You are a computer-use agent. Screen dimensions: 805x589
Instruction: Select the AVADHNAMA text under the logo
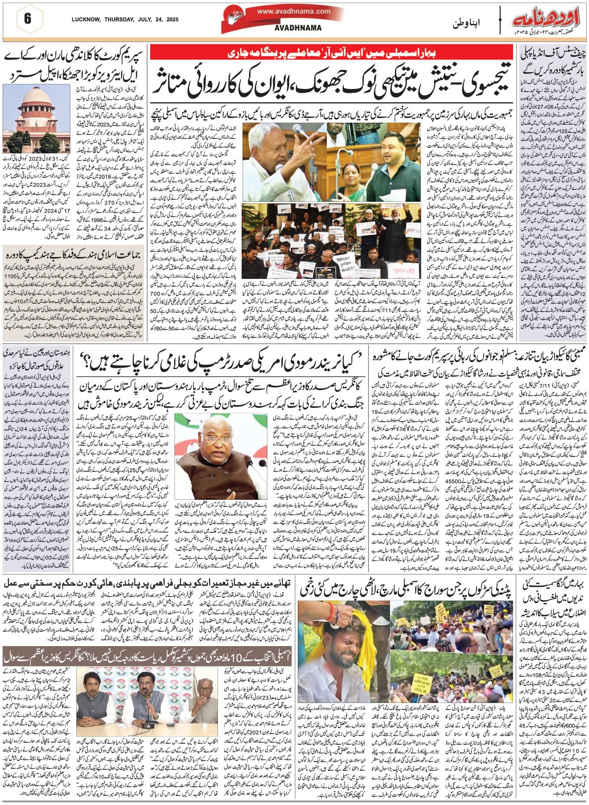292,28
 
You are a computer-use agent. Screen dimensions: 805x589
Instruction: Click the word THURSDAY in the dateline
115,20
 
